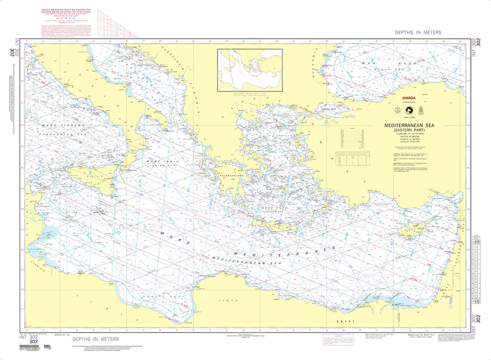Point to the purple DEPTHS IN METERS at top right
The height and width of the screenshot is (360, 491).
(x=418, y=32)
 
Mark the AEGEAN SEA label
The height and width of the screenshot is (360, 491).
(x=273, y=212)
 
